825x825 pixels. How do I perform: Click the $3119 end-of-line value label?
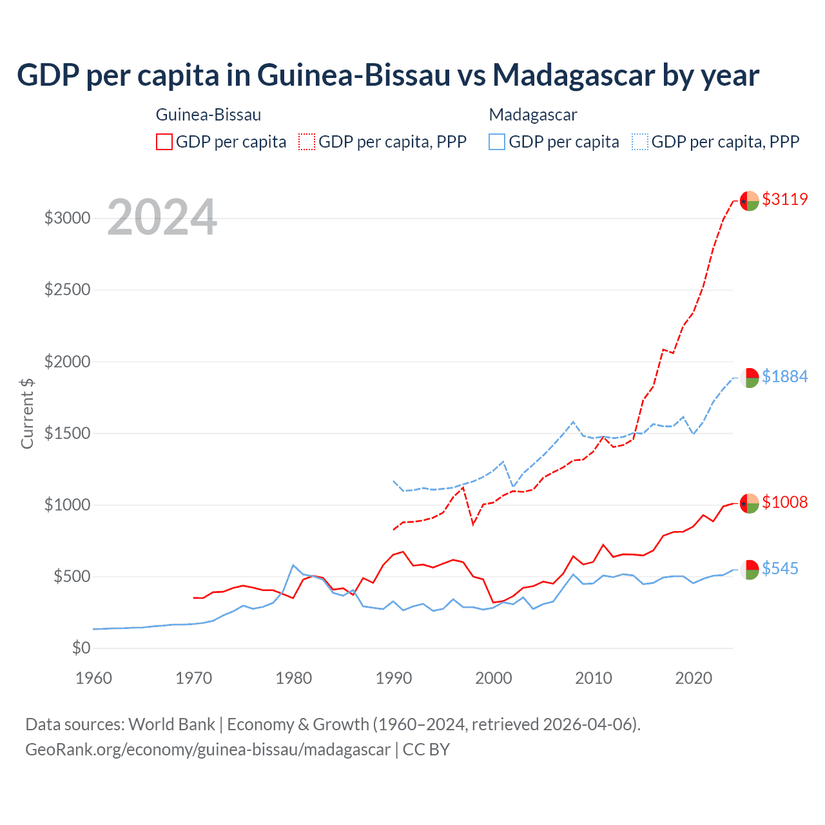coord(784,199)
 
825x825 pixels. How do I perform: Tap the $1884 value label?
coord(784,376)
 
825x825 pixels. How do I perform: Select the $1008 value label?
coord(784,502)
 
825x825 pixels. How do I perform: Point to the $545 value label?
coord(780,568)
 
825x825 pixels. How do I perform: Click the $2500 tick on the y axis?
coord(67,289)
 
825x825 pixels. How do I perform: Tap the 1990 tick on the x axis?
coord(394,678)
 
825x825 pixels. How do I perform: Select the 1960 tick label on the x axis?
coord(94,678)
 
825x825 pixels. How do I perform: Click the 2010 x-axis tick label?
coord(594,678)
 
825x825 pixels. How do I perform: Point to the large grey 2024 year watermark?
coord(162,217)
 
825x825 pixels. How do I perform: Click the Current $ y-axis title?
coord(27,412)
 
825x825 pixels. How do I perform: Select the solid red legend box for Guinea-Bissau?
coord(164,142)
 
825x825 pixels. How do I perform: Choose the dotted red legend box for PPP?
coord(307,142)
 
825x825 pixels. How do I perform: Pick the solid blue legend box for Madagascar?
coord(497,142)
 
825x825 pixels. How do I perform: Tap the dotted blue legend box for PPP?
coord(640,142)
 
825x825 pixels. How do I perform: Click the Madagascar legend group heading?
coord(533,115)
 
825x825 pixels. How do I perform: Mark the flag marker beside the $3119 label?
coord(749,201)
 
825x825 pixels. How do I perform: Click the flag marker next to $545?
coord(749,570)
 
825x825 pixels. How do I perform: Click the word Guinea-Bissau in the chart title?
coord(353,75)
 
